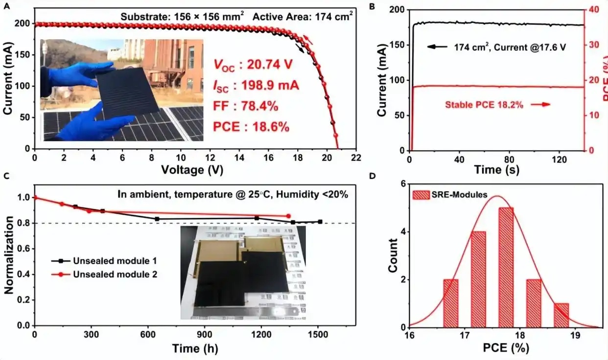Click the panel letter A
pyautogui.click(x=4, y=6)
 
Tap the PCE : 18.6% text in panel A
pyautogui.click(x=251, y=127)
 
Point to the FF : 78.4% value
pyautogui.click(x=245, y=106)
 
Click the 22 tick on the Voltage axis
pyautogui.click(x=356, y=157)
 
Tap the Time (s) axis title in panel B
pyautogui.click(x=496, y=170)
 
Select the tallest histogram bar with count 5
pyautogui.click(x=506, y=267)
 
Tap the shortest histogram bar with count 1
pyautogui.click(x=561, y=315)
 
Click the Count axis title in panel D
pyautogui.click(x=393, y=255)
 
